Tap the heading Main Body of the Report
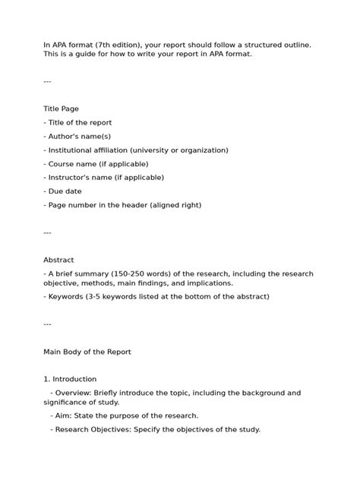(87, 352)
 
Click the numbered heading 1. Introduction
(70, 379)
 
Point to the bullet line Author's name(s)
(78, 136)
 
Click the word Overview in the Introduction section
(73, 393)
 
